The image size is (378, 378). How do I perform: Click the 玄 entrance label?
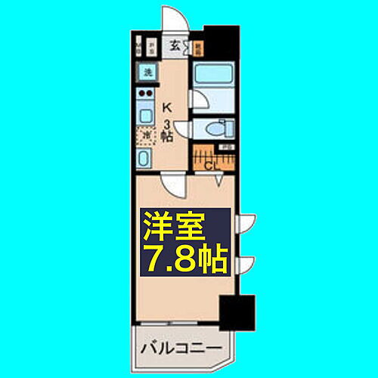(x=175, y=46)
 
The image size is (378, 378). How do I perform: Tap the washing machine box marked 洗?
(x=144, y=73)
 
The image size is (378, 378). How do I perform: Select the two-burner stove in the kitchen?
(x=144, y=95)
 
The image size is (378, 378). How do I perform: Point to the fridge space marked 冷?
(x=144, y=137)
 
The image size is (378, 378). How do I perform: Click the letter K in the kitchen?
(x=169, y=107)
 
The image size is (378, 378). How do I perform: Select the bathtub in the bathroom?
(x=214, y=76)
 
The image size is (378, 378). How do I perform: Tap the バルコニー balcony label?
(x=180, y=349)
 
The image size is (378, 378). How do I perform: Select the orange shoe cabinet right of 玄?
(x=198, y=47)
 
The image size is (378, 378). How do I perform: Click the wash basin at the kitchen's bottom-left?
(x=144, y=159)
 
